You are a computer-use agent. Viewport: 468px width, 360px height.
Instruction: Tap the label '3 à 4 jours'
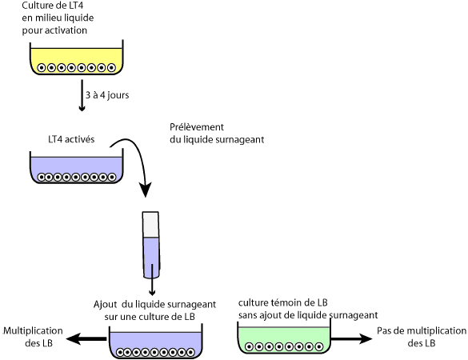click(x=107, y=95)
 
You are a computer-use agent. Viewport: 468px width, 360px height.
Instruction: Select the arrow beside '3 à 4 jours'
click(x=82, y=95)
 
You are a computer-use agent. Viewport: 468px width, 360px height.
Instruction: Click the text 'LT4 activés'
click(x=71, y=139)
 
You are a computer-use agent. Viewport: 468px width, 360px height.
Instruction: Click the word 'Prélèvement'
click(x=197, y=127)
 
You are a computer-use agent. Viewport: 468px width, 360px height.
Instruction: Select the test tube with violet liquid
click(x=151, y=245)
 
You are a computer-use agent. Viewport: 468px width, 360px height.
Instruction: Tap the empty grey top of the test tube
click(x=150, y=225)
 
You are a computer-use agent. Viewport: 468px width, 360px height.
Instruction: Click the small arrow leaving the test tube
click(x=152, y=280)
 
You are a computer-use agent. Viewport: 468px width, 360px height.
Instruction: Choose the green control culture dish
click(x=284, y=338)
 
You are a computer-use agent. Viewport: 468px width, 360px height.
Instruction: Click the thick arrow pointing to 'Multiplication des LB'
click(x=86, y=339)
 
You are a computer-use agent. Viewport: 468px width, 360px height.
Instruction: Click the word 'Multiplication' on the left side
click(x=33, y=330)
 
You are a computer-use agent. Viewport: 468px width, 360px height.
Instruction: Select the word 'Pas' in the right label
click(x=383, y=330)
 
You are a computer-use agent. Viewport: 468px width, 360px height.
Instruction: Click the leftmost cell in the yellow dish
click(x=42, y=68)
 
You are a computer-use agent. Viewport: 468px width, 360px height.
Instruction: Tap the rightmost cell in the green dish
click(x=319, y=347)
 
